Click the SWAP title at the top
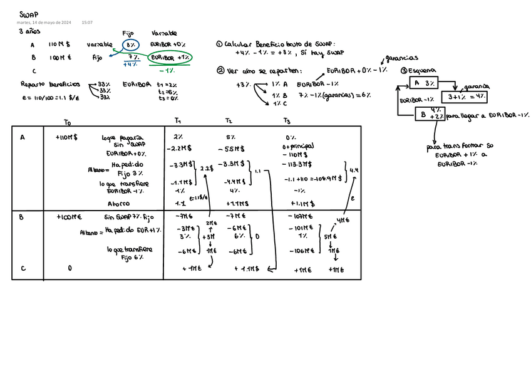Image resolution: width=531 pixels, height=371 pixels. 28,14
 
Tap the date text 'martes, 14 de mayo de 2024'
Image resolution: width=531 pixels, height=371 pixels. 44,23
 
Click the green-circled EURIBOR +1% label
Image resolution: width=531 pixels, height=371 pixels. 170,57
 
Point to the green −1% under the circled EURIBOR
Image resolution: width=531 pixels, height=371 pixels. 167,70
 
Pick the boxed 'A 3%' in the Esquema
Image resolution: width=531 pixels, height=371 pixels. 425,83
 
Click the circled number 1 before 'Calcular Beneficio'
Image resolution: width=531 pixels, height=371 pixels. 219,44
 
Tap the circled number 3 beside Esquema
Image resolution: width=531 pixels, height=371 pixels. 404,70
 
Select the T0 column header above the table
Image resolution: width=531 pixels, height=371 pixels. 68,122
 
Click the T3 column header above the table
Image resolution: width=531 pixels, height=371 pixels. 287,121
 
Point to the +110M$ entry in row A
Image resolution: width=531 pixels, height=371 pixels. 66,137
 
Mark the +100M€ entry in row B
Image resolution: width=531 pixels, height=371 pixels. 69,217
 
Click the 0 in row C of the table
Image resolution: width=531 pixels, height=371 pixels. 70,268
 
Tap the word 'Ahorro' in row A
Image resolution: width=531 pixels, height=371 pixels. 118,204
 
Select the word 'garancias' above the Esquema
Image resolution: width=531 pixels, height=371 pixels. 401,58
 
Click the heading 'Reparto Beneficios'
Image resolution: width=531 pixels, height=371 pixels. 50,83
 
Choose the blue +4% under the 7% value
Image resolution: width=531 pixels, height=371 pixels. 131,65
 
